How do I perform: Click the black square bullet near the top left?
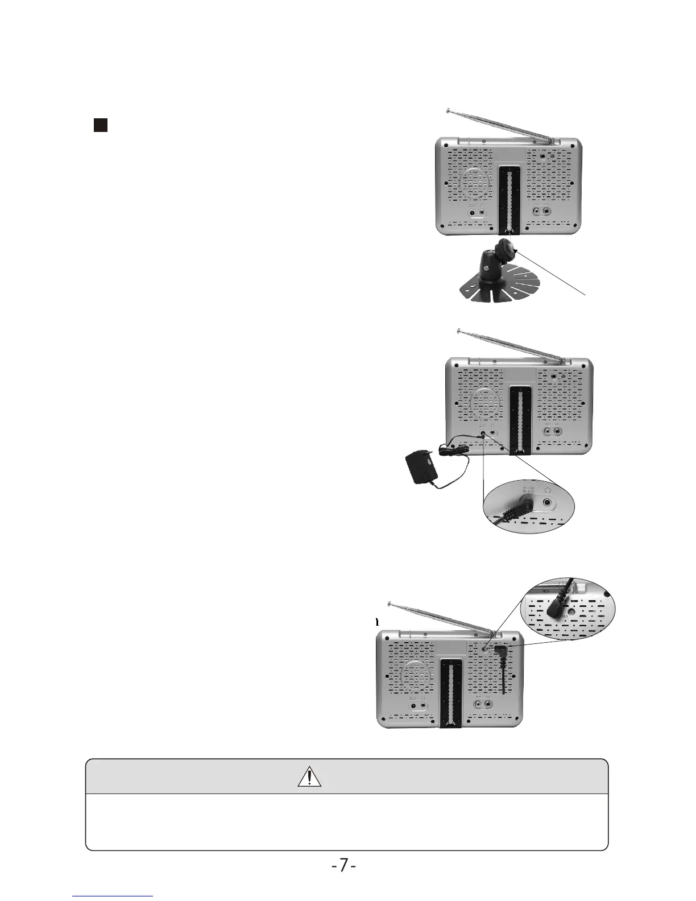click(101, 125)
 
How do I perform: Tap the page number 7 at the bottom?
click(343, 866)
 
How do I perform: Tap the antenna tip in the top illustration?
click(449, 110)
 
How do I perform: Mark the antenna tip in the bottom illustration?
click(390, 604)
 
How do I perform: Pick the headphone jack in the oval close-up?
click(547, 502)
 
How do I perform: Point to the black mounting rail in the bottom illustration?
click(450, 693)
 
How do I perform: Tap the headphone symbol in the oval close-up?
click(548, 488)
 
